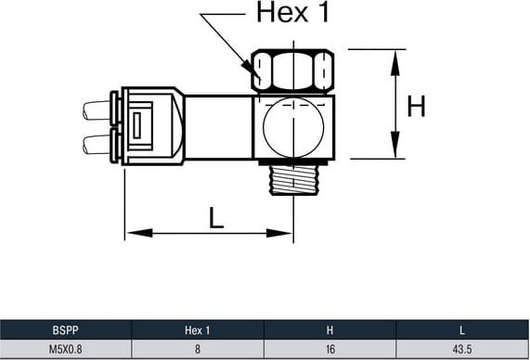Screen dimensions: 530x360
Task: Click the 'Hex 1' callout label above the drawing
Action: click(x=292, y=12)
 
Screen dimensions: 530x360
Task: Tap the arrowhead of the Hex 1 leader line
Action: click(x=255, y=73)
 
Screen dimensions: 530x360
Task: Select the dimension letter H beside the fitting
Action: click(x=416, y=106)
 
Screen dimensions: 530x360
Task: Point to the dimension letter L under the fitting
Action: click(x=216, y=218)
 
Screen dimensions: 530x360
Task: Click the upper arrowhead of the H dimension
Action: click(x=394, y=62)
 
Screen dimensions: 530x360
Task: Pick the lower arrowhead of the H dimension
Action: click(x=394, y=145)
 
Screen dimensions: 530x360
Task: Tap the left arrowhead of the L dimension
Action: click(x=138, y=233)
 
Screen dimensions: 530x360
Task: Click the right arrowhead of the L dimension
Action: click(x=279, y=233)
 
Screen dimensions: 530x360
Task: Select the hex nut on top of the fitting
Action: click(x=293, y=71)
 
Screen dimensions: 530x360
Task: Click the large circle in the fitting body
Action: click(x=293, y=127)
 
